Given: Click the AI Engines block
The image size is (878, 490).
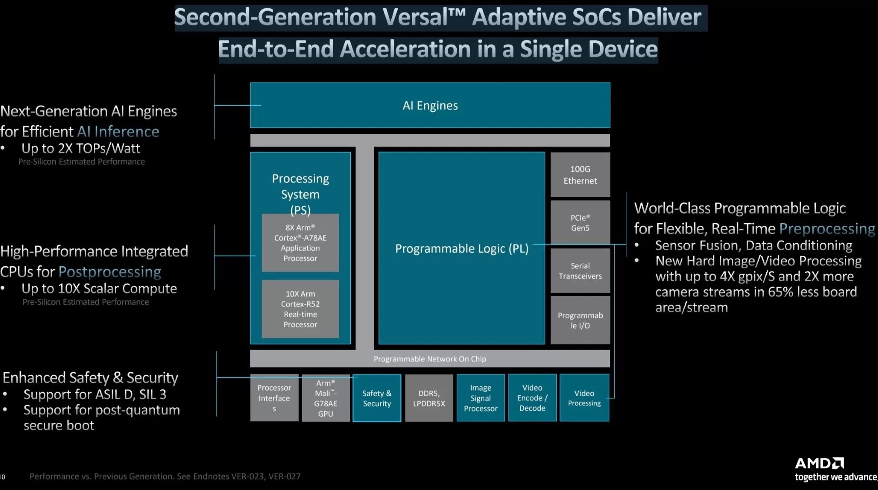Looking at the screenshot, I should click(430, 106).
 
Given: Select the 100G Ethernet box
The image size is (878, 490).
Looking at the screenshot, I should click(580, 175).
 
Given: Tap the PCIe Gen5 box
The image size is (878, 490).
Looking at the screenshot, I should click(580, 223).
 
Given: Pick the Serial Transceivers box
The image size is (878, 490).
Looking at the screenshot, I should click(580, 271).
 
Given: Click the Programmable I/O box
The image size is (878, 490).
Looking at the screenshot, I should click(580, 320).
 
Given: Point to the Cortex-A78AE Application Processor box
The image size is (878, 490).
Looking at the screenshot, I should click(300, 243).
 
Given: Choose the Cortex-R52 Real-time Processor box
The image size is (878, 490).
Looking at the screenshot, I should click(300, 309).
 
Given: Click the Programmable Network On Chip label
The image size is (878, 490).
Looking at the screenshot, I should click(430, 359).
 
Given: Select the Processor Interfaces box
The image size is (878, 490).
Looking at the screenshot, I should click(274, 397).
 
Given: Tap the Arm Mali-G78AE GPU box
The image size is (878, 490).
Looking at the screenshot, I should click(326, 398).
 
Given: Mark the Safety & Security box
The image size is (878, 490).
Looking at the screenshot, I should click(377, 398).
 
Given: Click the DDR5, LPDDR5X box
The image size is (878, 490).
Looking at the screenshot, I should click(429, 398).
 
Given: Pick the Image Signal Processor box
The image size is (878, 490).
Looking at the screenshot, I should click(481, 398).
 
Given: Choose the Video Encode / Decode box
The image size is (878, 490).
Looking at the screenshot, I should click(532, 398).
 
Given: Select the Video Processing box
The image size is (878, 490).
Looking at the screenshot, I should click(584, 398).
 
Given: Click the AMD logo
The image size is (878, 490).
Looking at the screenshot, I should click(819, 463).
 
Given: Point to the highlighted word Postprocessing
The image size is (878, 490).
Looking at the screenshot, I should click(110, 272).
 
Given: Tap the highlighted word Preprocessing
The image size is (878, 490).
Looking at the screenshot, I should click(827, 228).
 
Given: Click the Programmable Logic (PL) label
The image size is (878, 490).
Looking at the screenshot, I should click(462, 248).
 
